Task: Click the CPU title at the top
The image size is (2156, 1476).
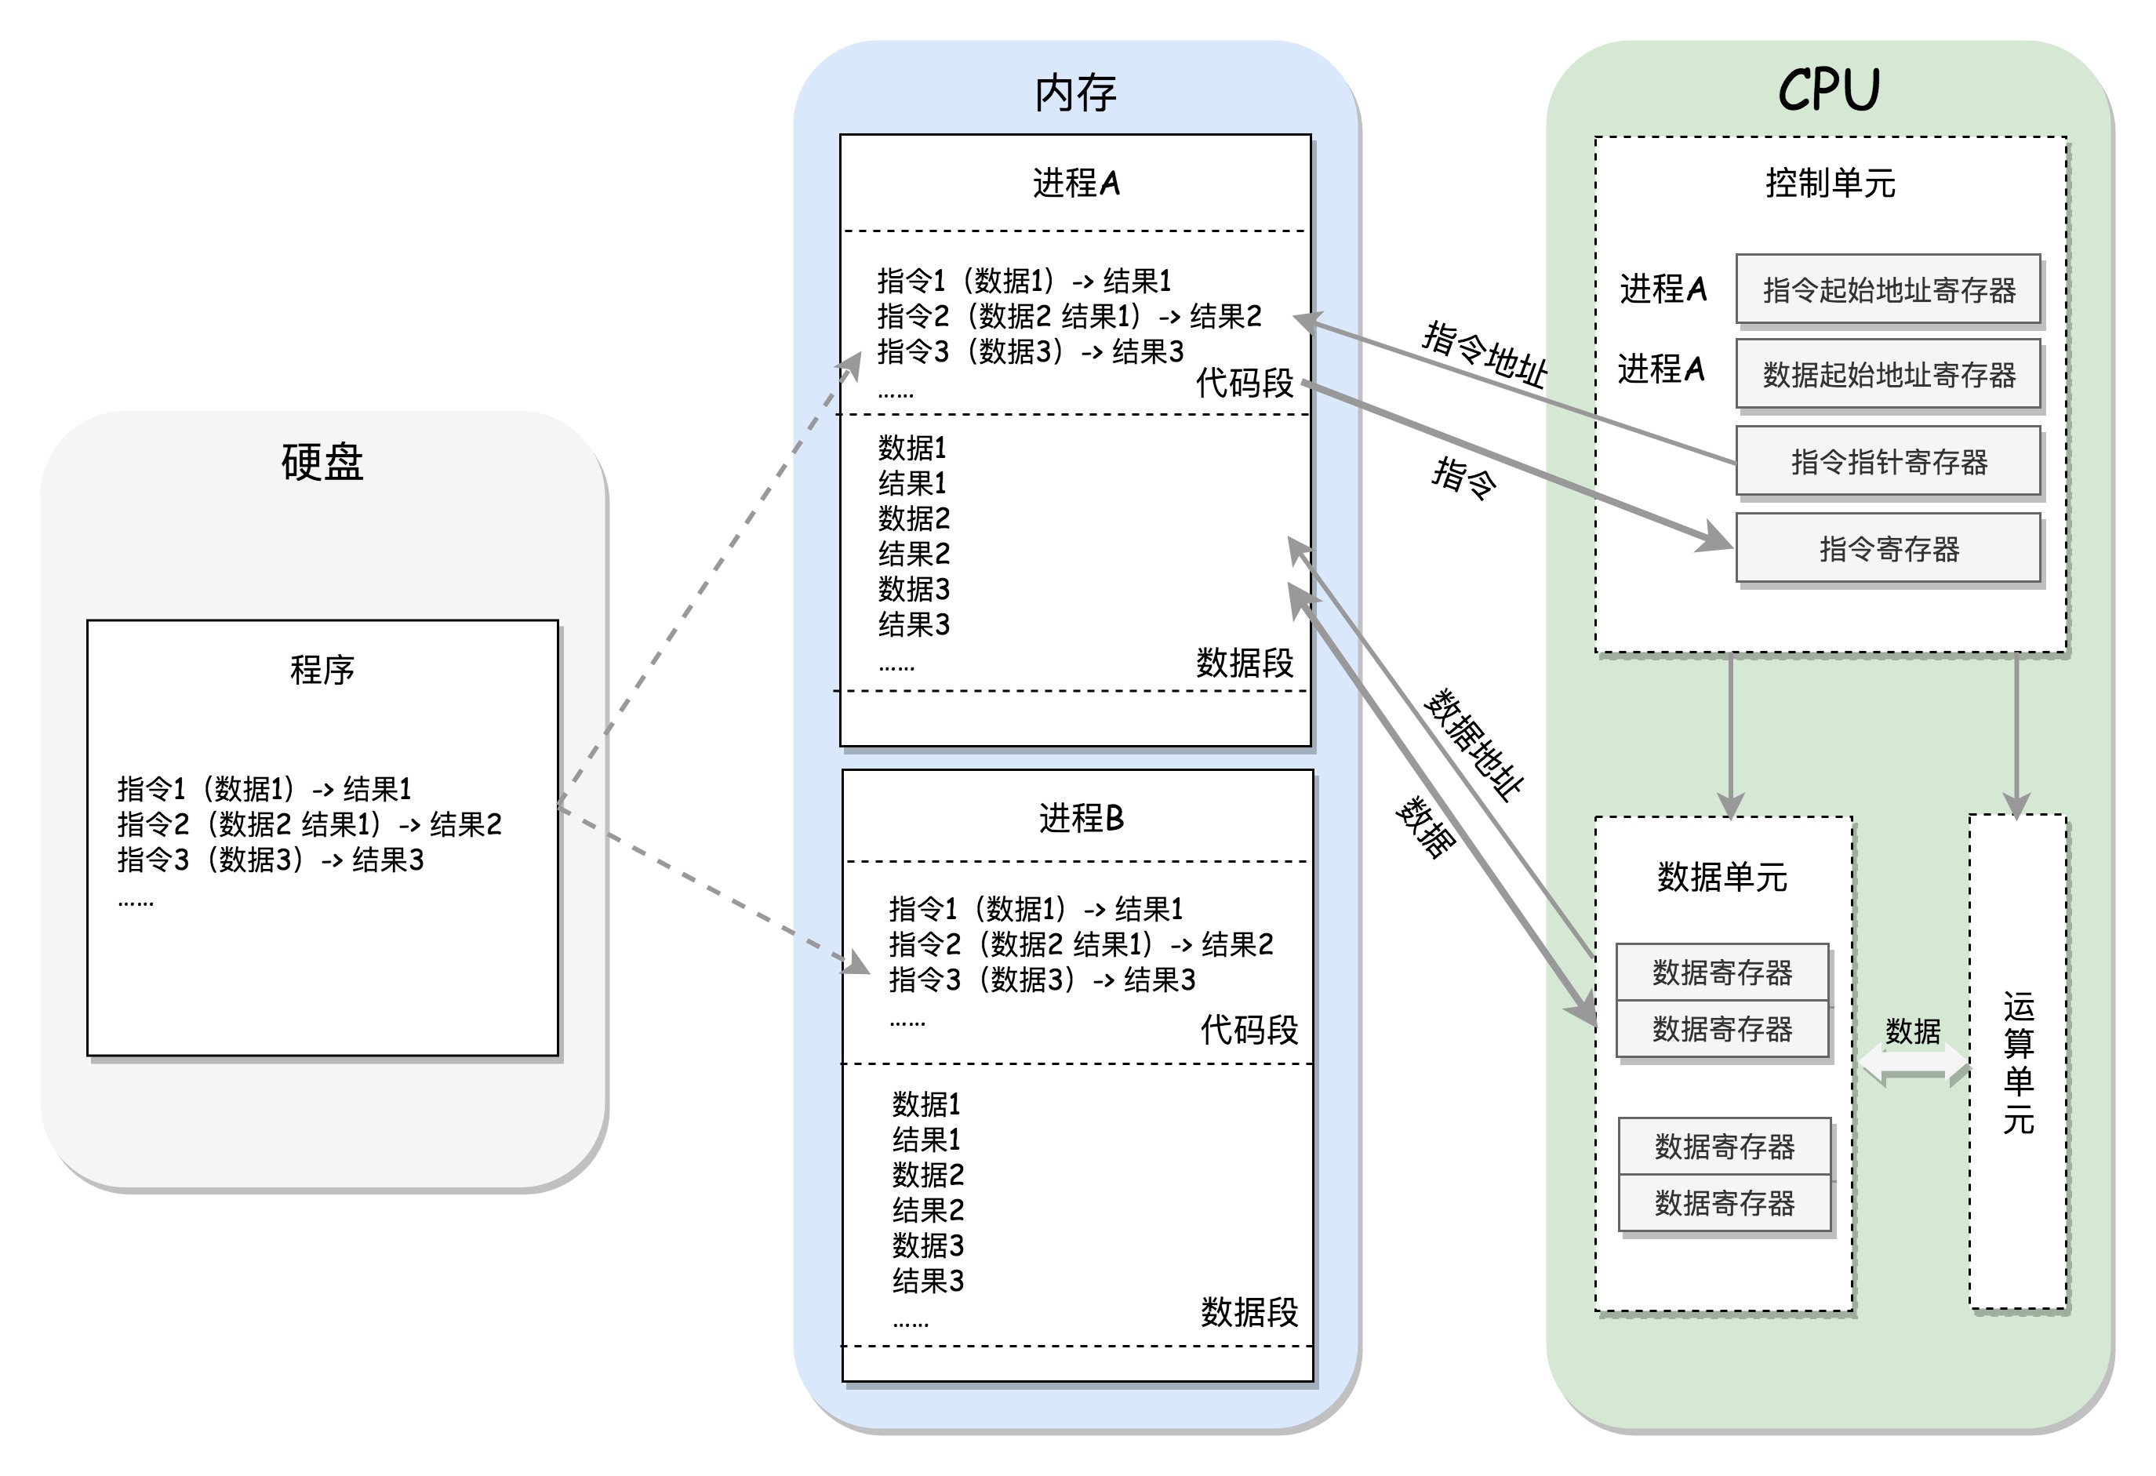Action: coord(1828,90)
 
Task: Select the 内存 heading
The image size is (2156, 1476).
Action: coord(1075,93)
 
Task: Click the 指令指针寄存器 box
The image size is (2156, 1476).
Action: coord(1888,461)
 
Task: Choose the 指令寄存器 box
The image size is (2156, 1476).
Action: coord(1888,548)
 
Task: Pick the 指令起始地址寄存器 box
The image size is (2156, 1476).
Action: coord(1888,289)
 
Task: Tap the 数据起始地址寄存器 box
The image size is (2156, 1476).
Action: coord(1888,375)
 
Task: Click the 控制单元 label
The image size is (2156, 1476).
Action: coord(1830,183)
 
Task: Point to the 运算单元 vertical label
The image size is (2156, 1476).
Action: coord(2018,1062)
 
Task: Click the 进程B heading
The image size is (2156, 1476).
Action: coord(1081,818)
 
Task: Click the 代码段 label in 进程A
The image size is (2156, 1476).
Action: coord(1244,382)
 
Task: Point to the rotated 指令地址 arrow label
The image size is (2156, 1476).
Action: coord(1485,354)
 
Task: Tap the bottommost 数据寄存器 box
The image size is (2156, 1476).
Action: coord(1725,1203)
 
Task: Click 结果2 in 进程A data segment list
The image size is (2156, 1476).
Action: coord(914,554)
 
